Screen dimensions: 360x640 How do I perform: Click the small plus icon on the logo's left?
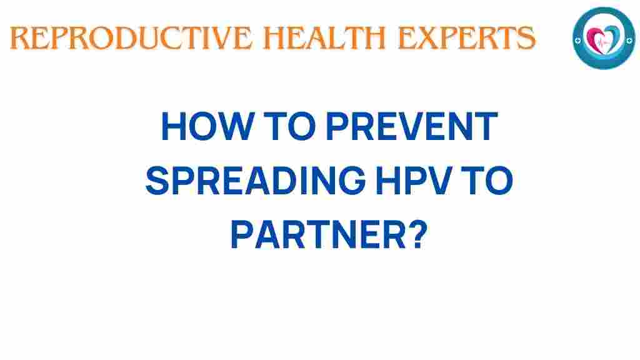[578, 37]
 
